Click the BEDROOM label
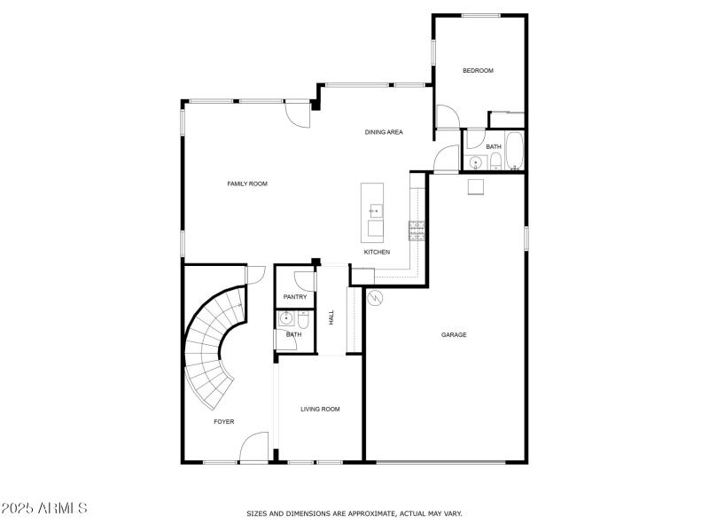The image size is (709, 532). [478, 71]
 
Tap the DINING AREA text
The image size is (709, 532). [384, 132]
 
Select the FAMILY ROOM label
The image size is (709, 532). [247, 184]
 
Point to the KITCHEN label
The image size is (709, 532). [377, 252]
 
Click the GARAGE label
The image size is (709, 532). [454, 334]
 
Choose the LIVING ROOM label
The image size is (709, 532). [320, 409]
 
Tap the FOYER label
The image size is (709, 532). [224, 421]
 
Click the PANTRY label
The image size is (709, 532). [294, 297]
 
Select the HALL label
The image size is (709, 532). [331, 317]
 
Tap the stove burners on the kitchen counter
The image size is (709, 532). [416, 231]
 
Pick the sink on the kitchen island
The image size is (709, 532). [375, 210]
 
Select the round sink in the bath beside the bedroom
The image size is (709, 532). [476, 162]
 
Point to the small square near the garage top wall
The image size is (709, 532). [476, 186]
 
